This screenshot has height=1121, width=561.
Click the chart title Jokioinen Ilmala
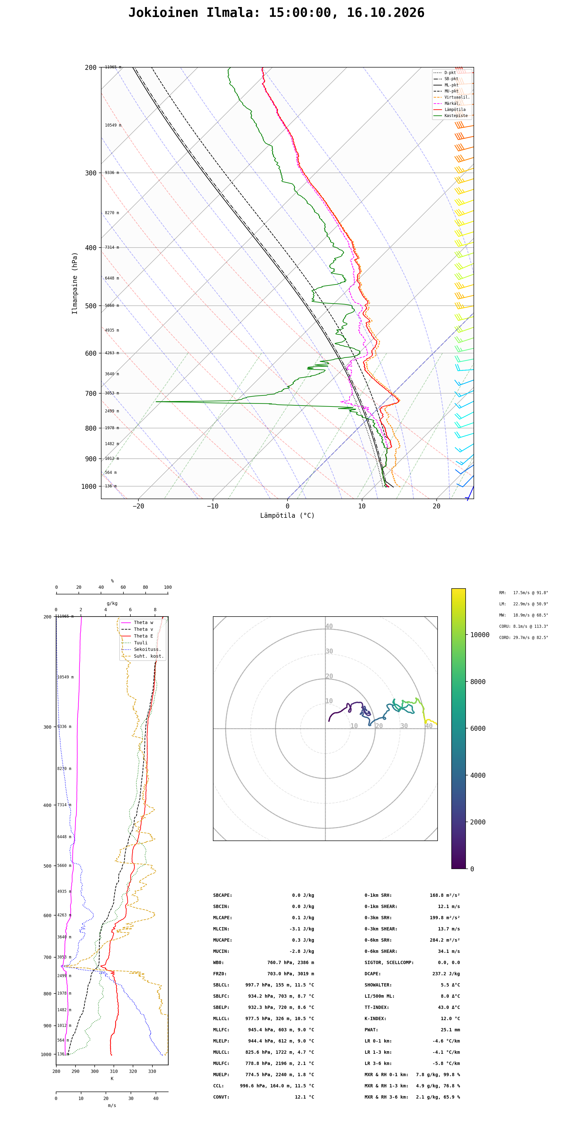pos(194,13)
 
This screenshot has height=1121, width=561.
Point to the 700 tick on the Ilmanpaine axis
pos(91,393)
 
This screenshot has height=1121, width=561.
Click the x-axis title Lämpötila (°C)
pos(288,516)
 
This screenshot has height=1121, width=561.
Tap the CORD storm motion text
pos(524,638)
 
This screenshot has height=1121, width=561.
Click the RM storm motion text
pos(524,593)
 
